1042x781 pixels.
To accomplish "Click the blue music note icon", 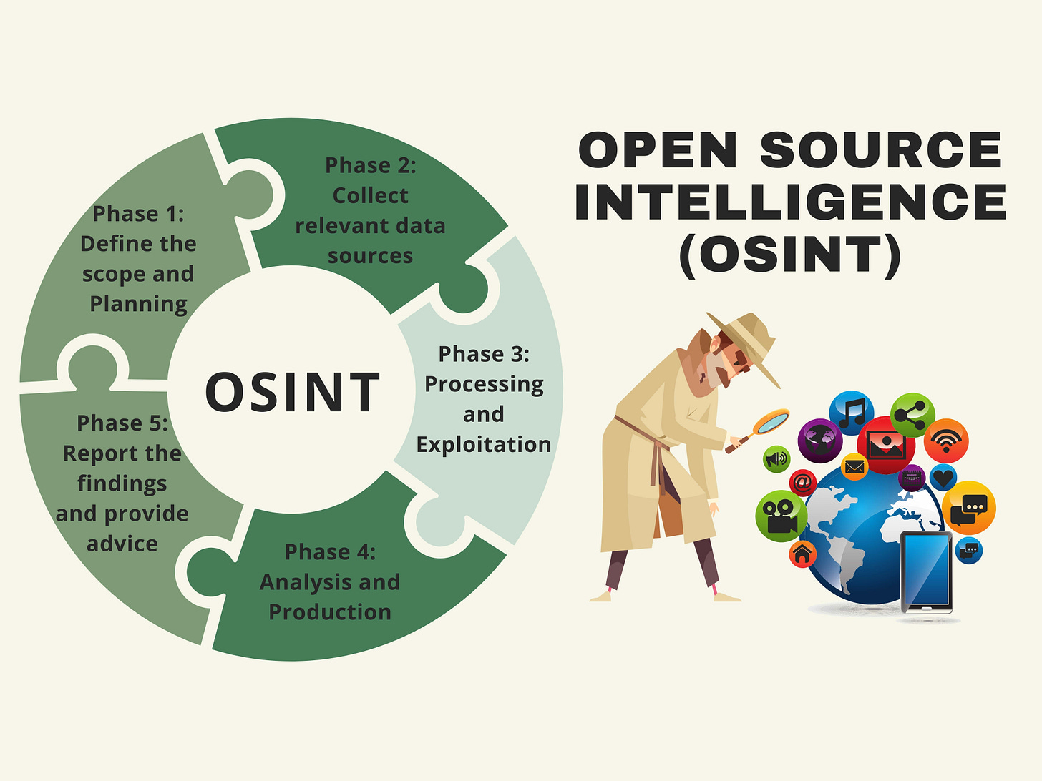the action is [851, 413].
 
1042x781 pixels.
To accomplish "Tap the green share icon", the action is [913, 415].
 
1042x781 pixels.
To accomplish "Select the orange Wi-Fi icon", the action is [946, 441].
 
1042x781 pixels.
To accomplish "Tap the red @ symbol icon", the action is [803, 483].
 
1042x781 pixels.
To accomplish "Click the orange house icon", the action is [802, 553].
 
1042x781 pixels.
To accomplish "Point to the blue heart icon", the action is [943, 476].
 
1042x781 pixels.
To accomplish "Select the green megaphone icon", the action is [776, 458].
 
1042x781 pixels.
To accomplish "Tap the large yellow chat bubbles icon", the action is [969, 507].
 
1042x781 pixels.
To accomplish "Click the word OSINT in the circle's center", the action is [292, 393].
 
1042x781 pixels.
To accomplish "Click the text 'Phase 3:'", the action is [484, 354].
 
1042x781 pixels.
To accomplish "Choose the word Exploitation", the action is [484, 445].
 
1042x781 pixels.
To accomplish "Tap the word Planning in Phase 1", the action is [138, 304].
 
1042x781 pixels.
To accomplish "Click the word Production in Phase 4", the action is [330, 612].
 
